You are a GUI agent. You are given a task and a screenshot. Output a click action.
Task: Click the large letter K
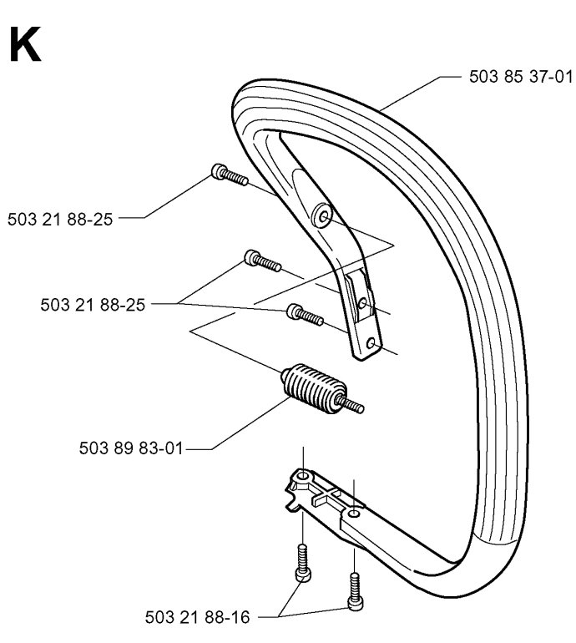tap(25, 45)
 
